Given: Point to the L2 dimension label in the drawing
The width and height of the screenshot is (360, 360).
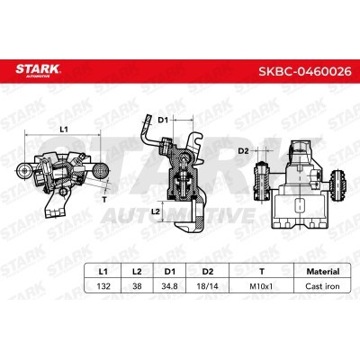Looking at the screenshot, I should coord(157,210).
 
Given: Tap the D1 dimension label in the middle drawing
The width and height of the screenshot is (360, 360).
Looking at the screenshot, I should coord(163,119).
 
